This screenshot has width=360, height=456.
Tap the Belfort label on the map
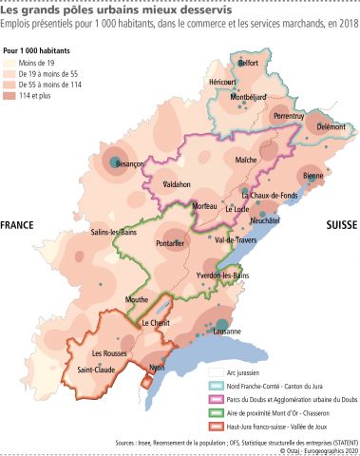pos(248,63)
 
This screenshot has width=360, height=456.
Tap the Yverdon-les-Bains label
pos(221,275)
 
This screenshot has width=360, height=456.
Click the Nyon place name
pos(157,367)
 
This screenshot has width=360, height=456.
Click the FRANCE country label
pos(17,226)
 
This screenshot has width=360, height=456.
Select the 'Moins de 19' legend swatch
pos(11,61)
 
